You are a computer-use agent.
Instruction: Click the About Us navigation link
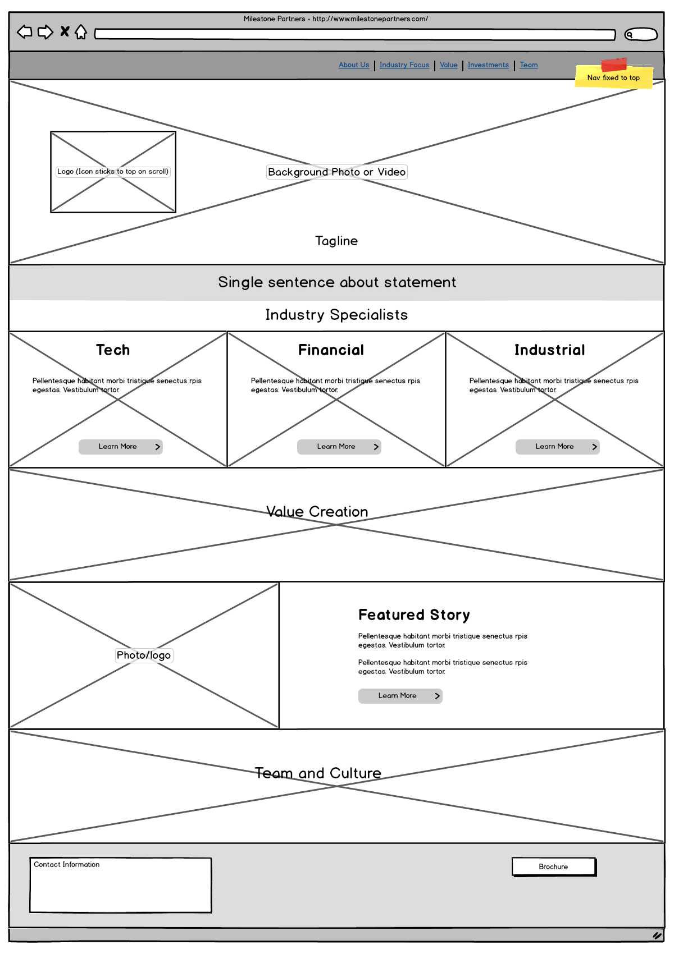tap(354, 65)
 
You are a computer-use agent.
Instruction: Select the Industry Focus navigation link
tap(404, 65)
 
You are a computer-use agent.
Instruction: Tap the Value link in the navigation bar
tap(448, 65)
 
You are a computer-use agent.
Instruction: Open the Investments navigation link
tap(488, 65)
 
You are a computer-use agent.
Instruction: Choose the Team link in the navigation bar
tap(529, 65)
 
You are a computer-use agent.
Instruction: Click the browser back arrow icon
tap(25, 32)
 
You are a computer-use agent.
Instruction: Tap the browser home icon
tap(80, 32)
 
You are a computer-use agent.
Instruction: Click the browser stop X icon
tap(65, 31)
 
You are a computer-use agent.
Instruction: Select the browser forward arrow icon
tap(45, 32)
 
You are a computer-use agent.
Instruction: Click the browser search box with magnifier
tap(640, 34)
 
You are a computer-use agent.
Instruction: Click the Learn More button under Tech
tap(121, 447)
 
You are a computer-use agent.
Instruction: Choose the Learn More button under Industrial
tap(558, 447)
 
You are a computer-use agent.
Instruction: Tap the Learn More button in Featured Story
tap(400, 696)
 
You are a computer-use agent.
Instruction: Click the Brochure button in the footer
tap(554, 866)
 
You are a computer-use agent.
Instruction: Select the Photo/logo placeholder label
tap(144, 655)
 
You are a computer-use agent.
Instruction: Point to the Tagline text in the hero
tap(336, 241)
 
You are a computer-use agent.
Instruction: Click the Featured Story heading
tap(414, 615)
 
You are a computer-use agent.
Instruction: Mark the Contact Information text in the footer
tap(66, 864)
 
